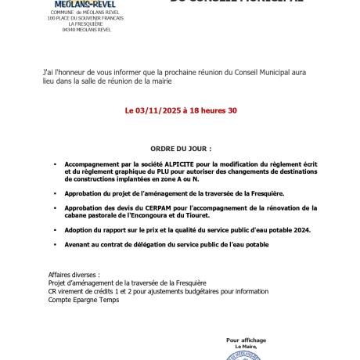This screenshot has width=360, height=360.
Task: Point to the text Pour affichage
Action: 246,340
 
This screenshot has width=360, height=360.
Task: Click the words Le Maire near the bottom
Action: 246,346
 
